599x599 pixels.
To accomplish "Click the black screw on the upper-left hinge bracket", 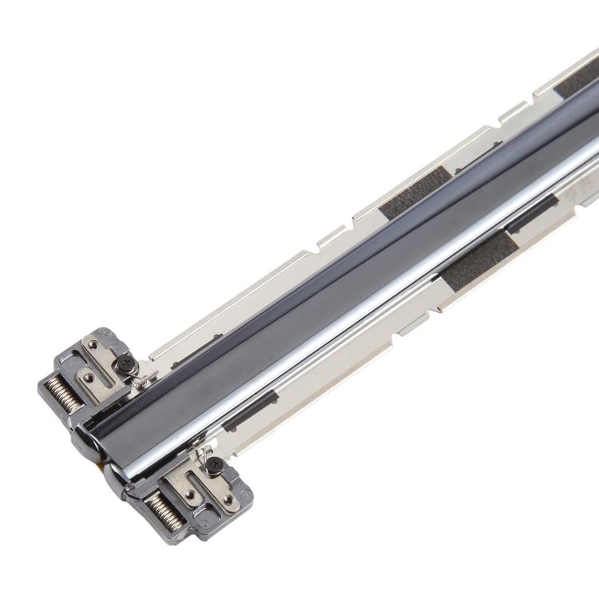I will [x=125, y=363].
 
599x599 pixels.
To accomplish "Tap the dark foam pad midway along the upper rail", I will [x=415, y=192].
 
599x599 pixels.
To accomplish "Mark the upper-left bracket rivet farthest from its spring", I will [x=93, y=345].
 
